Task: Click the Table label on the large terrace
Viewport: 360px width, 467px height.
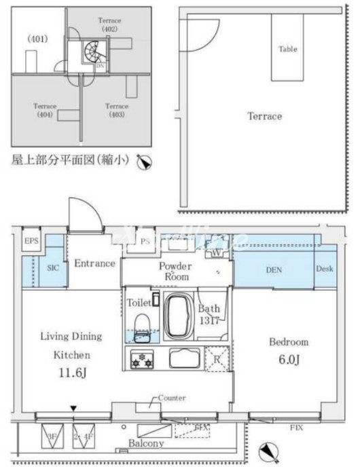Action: pyautogui.click(x=287, y=49)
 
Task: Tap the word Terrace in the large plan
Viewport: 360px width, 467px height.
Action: pyautogui.click(x=264, y=116)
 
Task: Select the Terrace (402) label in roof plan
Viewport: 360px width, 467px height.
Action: pyautogui.click(x=109, y=25)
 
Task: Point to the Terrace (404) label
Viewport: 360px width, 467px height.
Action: pyautogui.click(x=45, y=110)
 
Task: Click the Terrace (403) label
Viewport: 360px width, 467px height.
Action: pyautogui.click(x=117, y=110)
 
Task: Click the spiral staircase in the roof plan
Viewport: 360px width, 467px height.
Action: pyautogui.click(x=90, y=52)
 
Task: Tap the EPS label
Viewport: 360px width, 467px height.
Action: pyautogui.click(x=31, y=242)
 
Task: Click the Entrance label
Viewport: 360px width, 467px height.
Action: pyautogui.click(x=94, y=263)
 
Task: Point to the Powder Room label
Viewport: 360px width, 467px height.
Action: pyautogui.click(x=175, y=272)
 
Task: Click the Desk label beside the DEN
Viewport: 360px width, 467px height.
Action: pyautogui.click(x=324, y=269)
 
